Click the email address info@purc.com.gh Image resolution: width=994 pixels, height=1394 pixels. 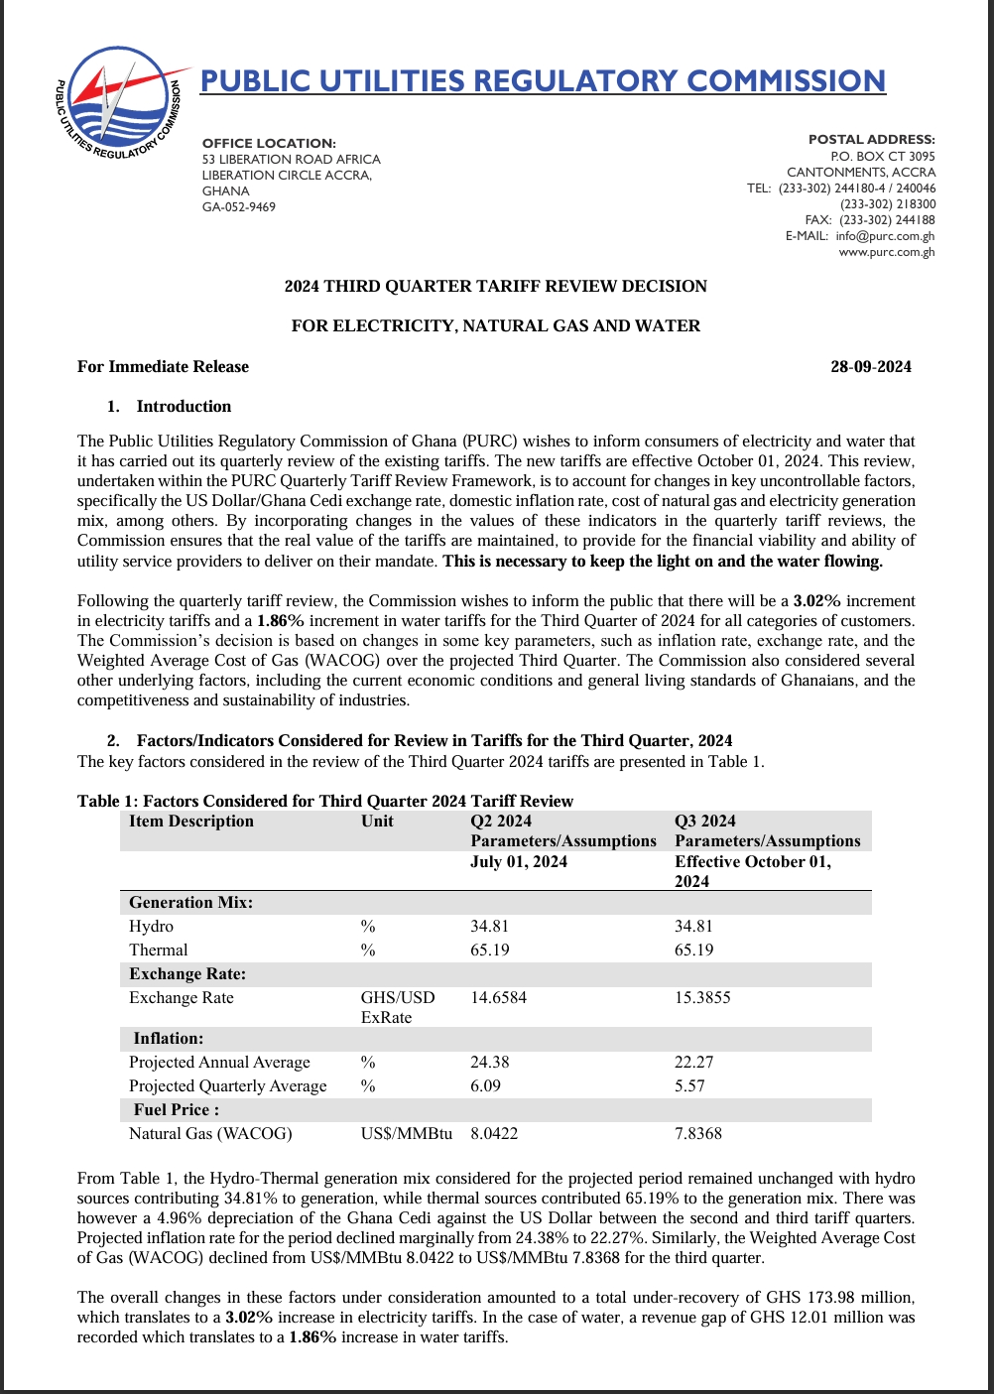click(x=885, y=236)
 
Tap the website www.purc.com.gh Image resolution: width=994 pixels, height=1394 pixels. click(x=887, y=252)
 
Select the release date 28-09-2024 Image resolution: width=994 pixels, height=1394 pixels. click(x=870, y=366)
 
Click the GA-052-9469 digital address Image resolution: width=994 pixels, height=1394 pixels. click(x=239, y=206)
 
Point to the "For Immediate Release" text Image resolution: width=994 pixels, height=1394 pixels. click(x=163, y=366)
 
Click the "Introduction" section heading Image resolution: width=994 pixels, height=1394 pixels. click(x=184, y=406)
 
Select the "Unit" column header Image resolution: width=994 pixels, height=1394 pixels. click(x=377, y=821)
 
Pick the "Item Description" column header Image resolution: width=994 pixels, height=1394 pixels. click(x=191, y=821)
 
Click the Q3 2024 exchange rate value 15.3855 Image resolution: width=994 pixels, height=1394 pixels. click(x=702, y=997)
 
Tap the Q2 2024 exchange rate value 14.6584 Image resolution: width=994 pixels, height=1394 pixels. click(x=498, y=997)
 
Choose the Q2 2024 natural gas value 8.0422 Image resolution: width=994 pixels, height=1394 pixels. click(x=494, y=1133)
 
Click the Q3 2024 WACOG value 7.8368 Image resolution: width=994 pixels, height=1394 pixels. click(x=698, y=1133)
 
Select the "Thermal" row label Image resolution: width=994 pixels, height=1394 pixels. click(x=159, y=950)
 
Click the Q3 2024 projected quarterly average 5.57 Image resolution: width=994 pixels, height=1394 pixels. click(x=689, y=1085)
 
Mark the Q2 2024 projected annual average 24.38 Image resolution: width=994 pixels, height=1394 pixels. click(x=489, y=1062)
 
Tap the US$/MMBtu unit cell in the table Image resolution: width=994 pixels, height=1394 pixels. click(x=407, y=1133)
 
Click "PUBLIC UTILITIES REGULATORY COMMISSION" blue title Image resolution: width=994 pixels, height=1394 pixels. click(x=543, y=80)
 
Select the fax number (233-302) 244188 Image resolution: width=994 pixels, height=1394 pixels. click(x=887, y=220)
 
